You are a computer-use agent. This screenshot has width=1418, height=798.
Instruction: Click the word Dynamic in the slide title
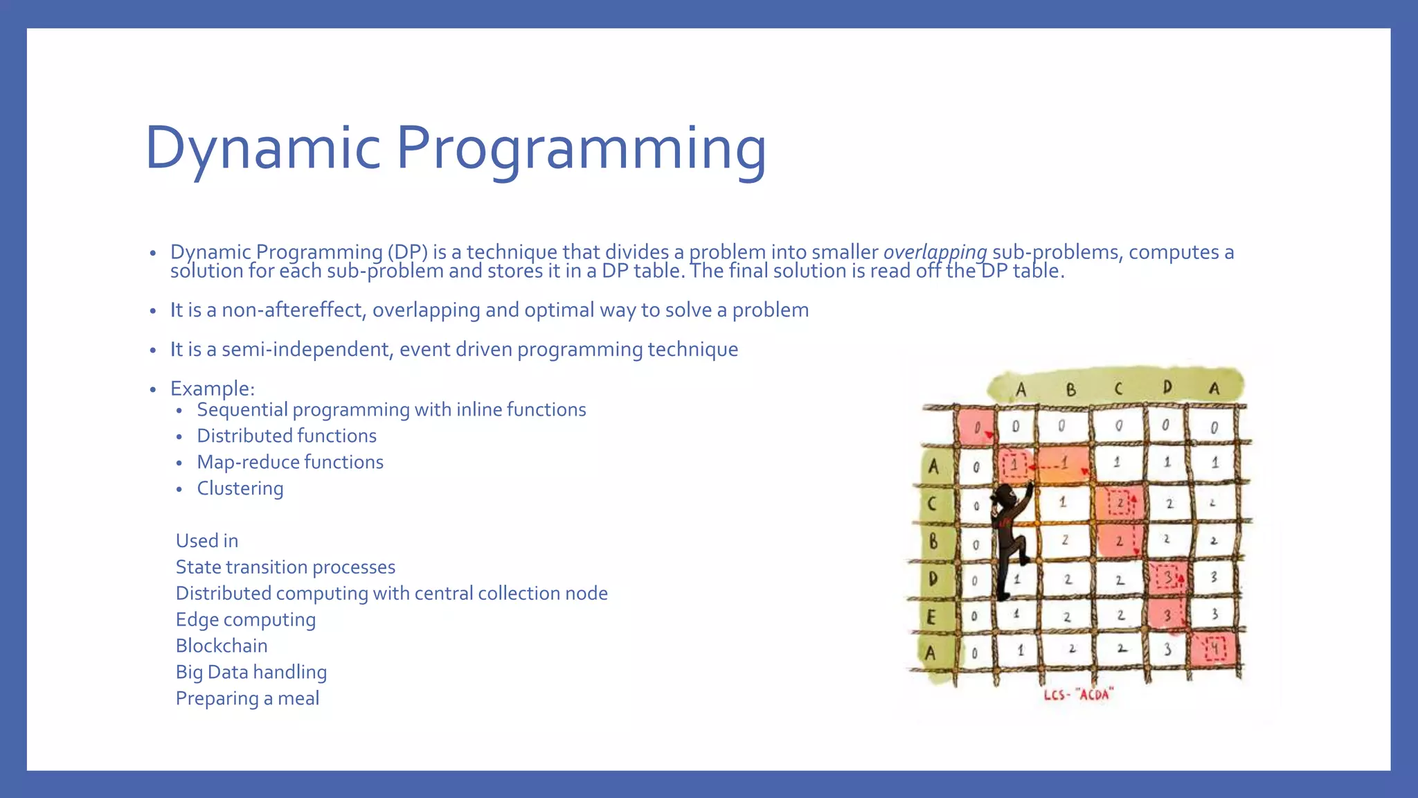pos(263,148)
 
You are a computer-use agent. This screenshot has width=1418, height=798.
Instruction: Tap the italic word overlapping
pos(935,252)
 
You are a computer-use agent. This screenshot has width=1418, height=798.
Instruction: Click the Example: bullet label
pos(213,389)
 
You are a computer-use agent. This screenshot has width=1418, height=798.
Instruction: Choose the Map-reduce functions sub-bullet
pos(290,462)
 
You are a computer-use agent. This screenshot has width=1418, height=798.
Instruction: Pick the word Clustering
pos(240,488)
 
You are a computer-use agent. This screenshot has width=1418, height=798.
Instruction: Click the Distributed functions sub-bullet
pos(287,436)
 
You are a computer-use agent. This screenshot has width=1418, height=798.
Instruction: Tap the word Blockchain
pos(222,646)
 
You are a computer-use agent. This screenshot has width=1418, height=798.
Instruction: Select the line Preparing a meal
pos(247,698)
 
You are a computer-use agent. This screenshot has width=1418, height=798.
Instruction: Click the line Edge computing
pos(246,619)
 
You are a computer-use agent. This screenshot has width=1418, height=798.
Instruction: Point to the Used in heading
pos(207,541)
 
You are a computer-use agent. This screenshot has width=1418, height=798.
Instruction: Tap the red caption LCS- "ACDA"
pos(1078,694)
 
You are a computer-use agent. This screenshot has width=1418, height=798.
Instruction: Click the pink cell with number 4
pos(1215,650)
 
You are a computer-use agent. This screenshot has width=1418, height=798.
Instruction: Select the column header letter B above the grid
pos(1070,389)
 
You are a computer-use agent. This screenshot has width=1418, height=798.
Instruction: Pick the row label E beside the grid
pos(931,616)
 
